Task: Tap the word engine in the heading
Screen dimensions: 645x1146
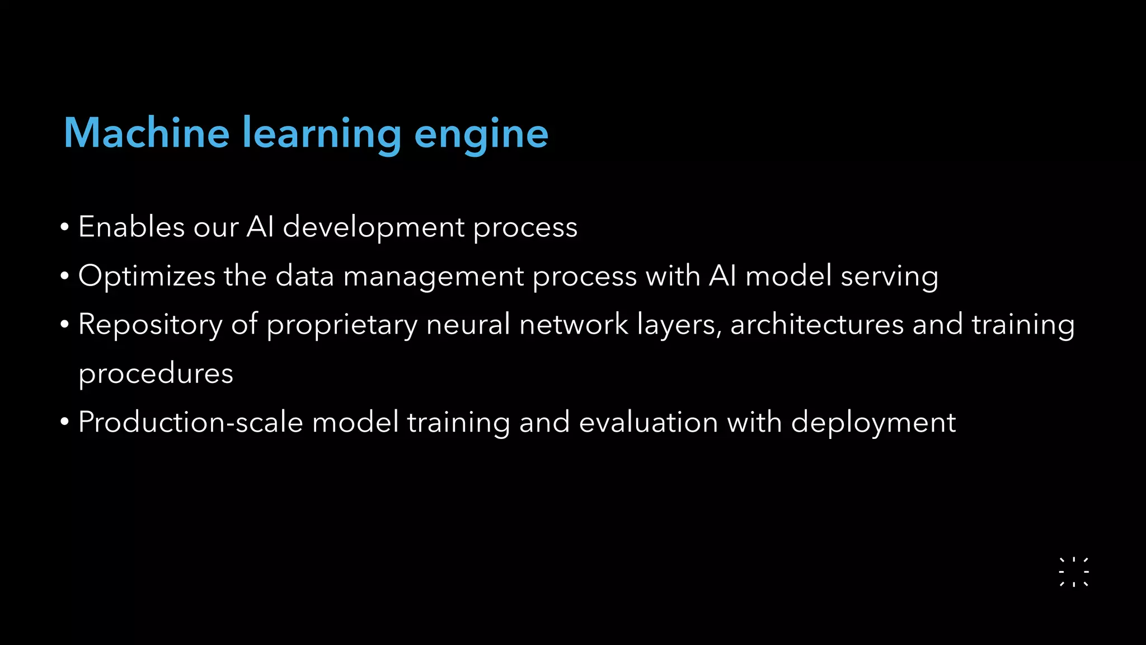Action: pyautogui.click(x=481, y=134)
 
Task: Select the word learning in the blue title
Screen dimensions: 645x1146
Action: pyautogui.click(x=322, y=134)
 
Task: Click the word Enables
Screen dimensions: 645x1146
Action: pyautogui.click(x=131, y=227)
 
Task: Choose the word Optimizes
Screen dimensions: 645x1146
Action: pyautogui.click(x=147, y=277)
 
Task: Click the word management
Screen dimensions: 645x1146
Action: pyautogui.click(x=433, y=277)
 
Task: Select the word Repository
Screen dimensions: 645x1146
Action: pyautogui.click(x=150, y=325)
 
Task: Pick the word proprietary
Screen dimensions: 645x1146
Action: pyautogui.click(x=341, y=325)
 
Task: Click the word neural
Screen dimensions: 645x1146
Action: pyautogui.click(x=468, y=324)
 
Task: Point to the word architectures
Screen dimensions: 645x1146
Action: pyautogui.click(x=817, y=324)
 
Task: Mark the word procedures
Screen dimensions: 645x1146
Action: pyautogui.click(x=156, y=373)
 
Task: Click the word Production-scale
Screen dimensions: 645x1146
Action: pyautogui.click(x=190, y=422)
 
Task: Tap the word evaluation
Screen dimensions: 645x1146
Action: pyautogui.click(x=648, y=422)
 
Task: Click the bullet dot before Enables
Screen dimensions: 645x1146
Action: pyautogui.click(x=65, y=227)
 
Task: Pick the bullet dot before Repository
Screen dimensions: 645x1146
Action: pyautogui.click(x=65, y=325)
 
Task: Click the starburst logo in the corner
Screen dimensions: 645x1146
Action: pyautogui.click(x=1074, y=572)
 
